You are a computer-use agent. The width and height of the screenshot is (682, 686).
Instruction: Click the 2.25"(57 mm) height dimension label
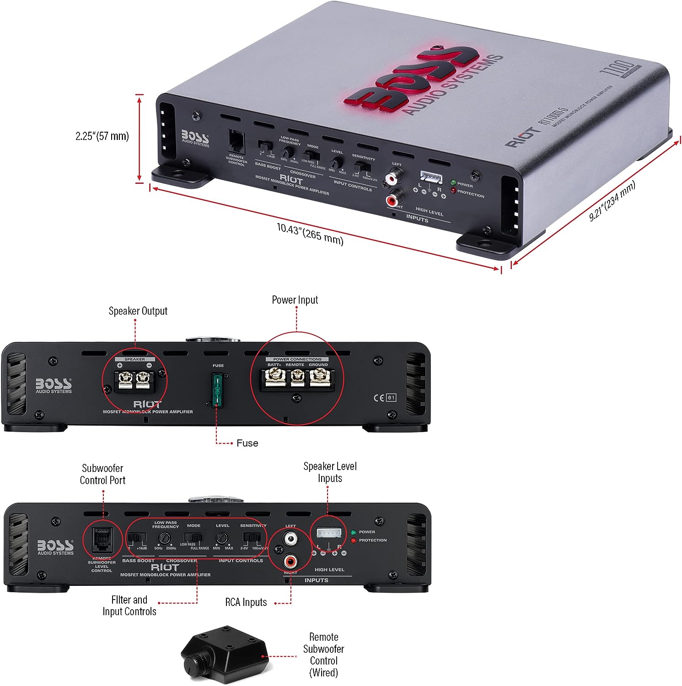(x=102, y=136)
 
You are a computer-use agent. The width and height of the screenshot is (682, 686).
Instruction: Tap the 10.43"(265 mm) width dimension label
(x=310, y=234)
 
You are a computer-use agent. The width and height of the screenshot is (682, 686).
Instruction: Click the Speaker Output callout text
(x=138, y=311)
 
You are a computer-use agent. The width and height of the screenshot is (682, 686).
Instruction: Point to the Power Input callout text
(x=295, y=300)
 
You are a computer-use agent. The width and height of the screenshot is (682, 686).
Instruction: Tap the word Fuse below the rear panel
(x=247, y=443)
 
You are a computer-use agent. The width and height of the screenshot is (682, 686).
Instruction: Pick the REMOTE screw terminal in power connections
(x=297, y=378)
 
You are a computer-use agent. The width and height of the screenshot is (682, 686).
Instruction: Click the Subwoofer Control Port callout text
(x=102, y=474)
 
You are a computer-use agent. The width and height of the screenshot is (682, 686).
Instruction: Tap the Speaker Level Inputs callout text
(x=330, y=472)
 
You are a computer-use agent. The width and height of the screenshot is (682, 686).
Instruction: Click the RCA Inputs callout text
(x=246, y=602)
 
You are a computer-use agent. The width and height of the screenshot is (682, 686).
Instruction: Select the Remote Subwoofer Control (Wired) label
(x=323, y=654)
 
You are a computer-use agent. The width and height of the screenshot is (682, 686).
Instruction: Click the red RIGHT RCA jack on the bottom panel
(x=290, y=560)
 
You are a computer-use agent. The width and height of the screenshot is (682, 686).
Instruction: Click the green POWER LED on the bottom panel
(x=353, y=532)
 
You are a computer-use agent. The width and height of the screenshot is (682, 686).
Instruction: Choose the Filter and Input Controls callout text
(x=129, y=606)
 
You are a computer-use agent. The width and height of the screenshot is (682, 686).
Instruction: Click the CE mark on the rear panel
(x=379, y=398)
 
